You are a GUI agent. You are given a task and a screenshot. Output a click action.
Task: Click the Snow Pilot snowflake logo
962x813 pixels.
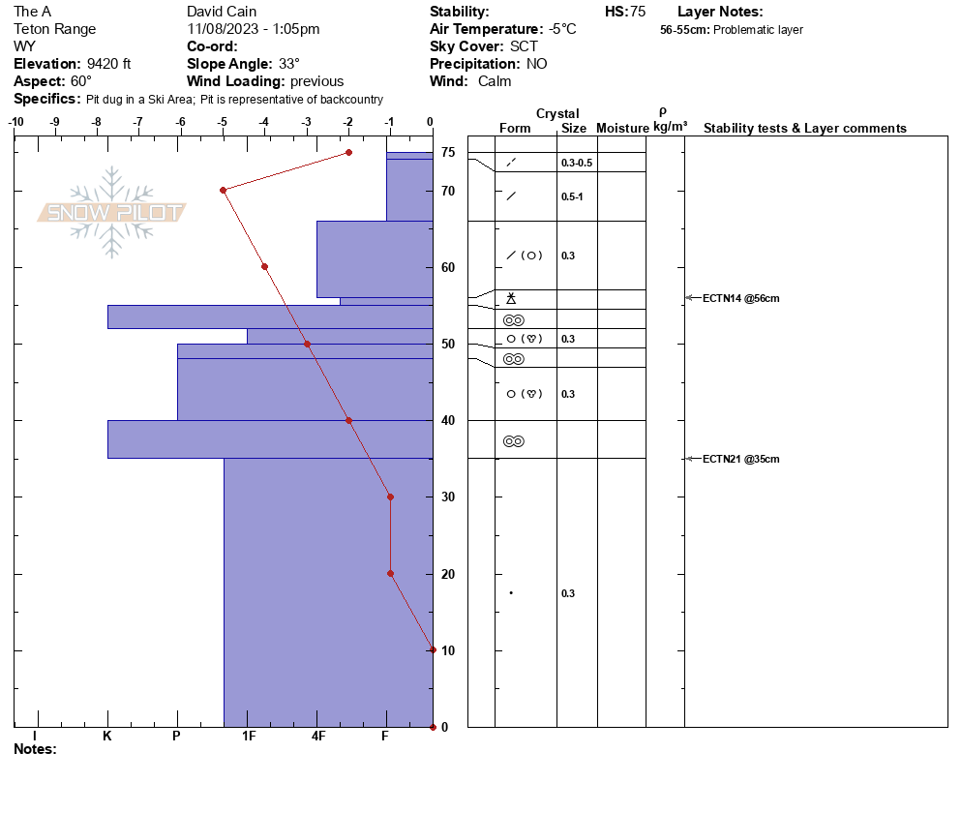pyautogui.click(x=111, y=212)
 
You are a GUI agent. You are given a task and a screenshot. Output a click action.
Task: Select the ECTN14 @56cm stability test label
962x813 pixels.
pyautogui.click(x=740, y=298)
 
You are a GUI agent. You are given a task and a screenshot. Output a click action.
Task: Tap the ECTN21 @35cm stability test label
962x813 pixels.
pyautogui.click(x=740, y=459)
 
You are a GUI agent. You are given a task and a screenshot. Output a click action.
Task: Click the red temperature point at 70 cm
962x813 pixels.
pyautogui.click(x=224, y=191)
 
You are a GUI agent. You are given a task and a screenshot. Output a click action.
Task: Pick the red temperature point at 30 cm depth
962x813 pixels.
pyautogui.click(x=390, y=497)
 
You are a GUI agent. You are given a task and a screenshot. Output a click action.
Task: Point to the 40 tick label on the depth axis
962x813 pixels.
pyautogui.click(x=448, y=420)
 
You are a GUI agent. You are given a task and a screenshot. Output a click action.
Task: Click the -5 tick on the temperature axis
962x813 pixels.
pyautogui.click(x=222, y=122)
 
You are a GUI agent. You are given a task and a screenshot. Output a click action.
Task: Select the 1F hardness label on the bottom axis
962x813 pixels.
pyautogui.click(x=248, y=736)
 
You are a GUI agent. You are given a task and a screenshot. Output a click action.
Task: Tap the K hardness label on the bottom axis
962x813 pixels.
pyautogui.click(x=106, y=736)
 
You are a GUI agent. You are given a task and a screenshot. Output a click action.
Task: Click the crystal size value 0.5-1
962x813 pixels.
pyautogui.click(x=572, y=197)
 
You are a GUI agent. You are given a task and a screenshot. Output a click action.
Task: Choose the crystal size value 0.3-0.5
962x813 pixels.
pyautogui.click(x=577, y=163)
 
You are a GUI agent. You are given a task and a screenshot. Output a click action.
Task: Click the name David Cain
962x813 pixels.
pyautogui.click(x=222, y=11)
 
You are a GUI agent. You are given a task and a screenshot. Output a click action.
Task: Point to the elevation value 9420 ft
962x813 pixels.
pyautogui.click(x=108, y=64)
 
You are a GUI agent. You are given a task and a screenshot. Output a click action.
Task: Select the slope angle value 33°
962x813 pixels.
pyautogui.click(x=288, y=64)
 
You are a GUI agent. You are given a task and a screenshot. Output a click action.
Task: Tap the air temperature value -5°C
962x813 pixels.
pyautogui.click(x=562, y=29)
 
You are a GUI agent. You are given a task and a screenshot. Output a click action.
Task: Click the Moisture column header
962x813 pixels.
pyautogui.click(x=622, y=128)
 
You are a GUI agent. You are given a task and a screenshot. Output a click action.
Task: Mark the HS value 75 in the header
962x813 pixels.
pyautogui.click(x=638, y=12)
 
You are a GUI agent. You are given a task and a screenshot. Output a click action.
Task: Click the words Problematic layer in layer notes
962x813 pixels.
pyautogui.click(x=758, y=29)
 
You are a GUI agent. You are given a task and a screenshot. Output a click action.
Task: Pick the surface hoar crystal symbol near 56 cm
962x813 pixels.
pyautogui.click(x=511, y=298)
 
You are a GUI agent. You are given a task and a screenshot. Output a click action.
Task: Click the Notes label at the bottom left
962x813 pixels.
pyautogui.click(x=35, y=749)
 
